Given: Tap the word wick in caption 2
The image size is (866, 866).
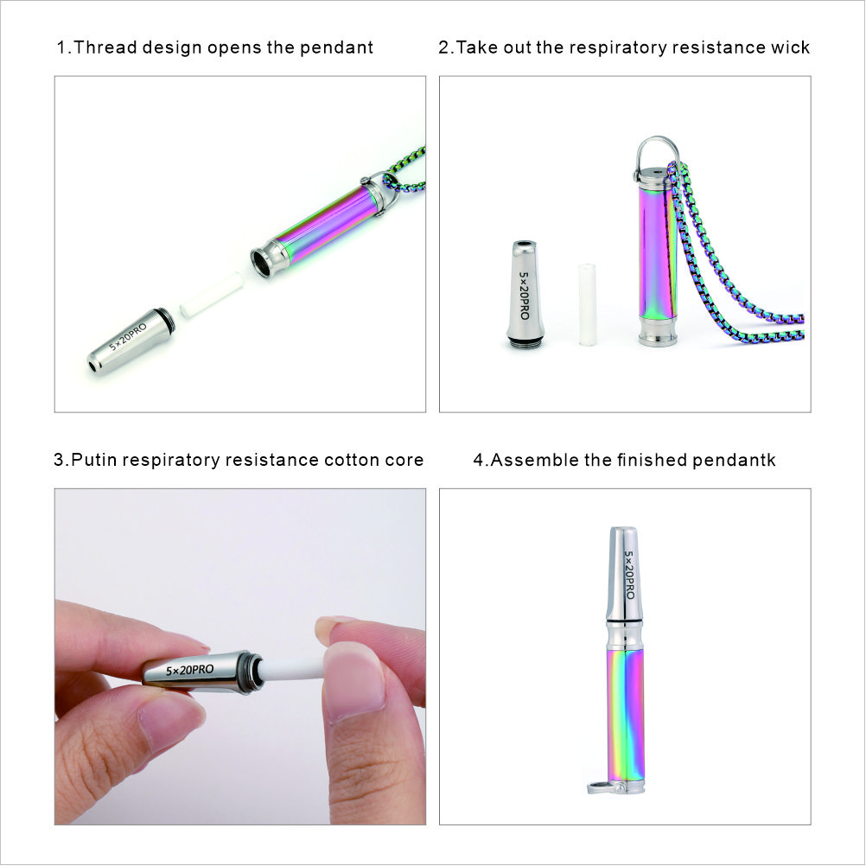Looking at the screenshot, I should (x=789, y=48).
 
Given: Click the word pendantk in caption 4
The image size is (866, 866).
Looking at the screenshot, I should (x=734, y=460).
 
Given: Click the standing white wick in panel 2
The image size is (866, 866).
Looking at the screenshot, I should (x=589, y=303).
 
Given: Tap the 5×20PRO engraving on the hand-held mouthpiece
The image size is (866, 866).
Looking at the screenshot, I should (x=189, y=670).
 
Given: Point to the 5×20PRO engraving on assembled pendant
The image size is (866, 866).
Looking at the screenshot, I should (x=629, y=575).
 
